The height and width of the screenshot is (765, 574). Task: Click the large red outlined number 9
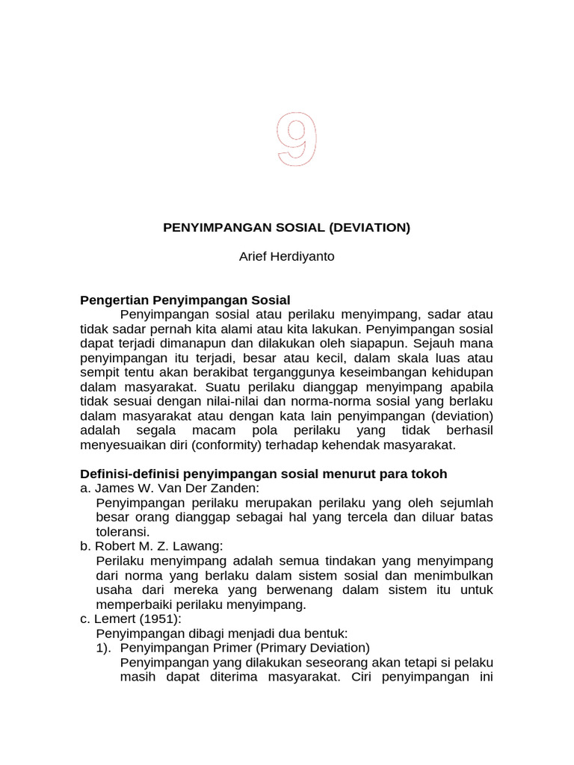[x=297, y=140]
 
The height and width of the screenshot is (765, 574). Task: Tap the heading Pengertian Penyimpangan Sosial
[x=185, y=300]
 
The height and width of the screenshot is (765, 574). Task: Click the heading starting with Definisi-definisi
[x=263, y=474]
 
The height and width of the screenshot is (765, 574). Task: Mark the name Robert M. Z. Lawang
[x=160, y=546]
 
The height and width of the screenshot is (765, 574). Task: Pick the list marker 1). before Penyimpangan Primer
[x=105, y=648]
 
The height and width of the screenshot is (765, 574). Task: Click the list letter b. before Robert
[x=85, y=546]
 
